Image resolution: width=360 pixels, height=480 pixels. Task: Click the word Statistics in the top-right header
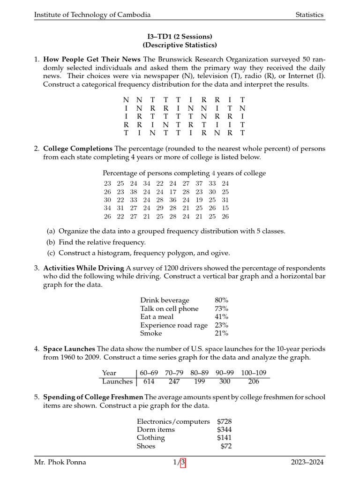point(309,15)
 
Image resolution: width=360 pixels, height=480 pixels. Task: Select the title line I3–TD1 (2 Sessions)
point(180,37)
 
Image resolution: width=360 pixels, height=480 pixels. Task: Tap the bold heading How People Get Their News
point(91,60)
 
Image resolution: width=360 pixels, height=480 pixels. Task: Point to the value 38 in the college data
point(134,192)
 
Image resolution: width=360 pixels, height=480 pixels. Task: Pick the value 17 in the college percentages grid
point(173,192)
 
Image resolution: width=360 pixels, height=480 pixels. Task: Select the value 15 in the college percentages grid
point(225,208)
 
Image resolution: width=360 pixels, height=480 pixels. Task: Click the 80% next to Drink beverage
point(221,300)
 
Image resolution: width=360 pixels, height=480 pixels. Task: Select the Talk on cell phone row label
point(169,308)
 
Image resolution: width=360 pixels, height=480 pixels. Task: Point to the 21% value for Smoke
point(221,333)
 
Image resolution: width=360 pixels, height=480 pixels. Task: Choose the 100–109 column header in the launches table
point(254,373)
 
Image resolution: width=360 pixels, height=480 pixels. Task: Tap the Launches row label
point(117,382)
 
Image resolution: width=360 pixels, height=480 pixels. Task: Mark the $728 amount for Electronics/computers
point(224,421)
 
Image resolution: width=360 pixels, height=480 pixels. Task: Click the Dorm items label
point(156,430)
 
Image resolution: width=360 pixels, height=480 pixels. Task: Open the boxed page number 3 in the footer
point(183,463)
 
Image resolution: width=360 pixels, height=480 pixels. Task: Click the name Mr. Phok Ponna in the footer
point(60,463)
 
